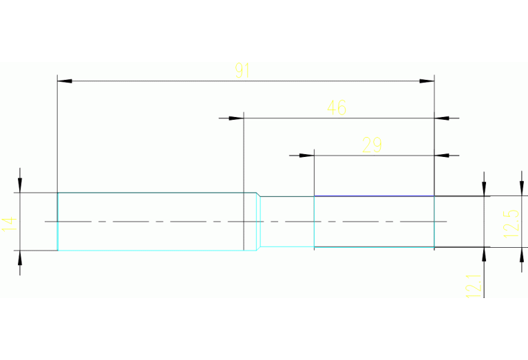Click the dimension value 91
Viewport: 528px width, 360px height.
(x=242, y=70)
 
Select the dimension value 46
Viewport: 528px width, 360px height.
(x=337, y=107)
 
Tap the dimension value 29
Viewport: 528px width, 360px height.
(x=372, y=145)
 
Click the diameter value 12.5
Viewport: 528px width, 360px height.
(x=511, y=222)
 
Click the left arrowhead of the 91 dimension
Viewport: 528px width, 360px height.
(x=65, y=81)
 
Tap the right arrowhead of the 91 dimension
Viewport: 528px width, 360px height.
(x=427, y=81)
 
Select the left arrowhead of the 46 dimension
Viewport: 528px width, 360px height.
(x=236, y=118)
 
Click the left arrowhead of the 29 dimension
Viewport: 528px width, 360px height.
(x=306, y=156)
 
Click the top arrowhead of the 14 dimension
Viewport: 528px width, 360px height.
(x=20, y=185)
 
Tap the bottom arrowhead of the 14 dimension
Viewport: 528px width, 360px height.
(x=20, y=258)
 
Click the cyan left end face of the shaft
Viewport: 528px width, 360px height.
(x=57, y=222)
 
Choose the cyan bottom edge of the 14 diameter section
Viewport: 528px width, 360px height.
(x=151, y=251)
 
